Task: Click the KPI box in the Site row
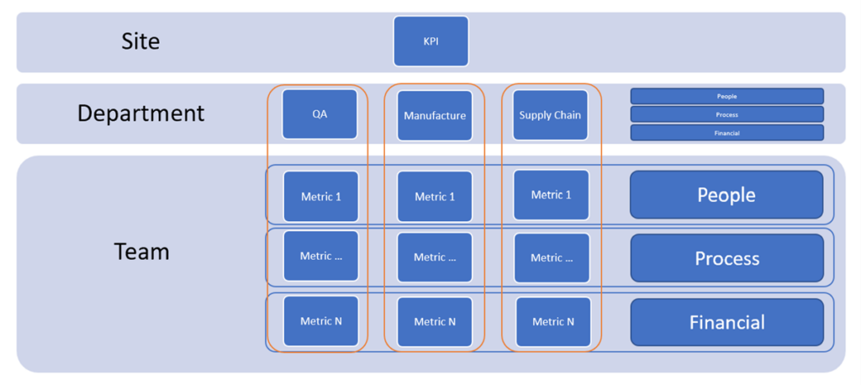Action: coord(431,41)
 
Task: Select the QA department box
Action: coord(320,114)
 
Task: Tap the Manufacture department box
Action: coord(435,115)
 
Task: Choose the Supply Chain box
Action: coord(550,115)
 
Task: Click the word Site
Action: coord(140,41)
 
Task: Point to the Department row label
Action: coord(140,113)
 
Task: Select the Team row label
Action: coord(141,251)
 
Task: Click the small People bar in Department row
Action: coord(727,96)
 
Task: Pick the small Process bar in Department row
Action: coord(727,114)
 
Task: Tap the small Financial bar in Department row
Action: coord(727,132)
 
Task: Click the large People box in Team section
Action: coord(726,194)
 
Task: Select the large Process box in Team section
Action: coord(727,258)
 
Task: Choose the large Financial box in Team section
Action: coord(727,322)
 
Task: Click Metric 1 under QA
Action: coord(320,196)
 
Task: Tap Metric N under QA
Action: coord(320,321)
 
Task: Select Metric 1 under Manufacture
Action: coord(435,197)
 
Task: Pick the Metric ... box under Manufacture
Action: coord(435,257)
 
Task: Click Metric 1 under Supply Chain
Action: coord(552,195)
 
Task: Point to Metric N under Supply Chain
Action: coord(553,322)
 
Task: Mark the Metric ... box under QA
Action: coord(320,256)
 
